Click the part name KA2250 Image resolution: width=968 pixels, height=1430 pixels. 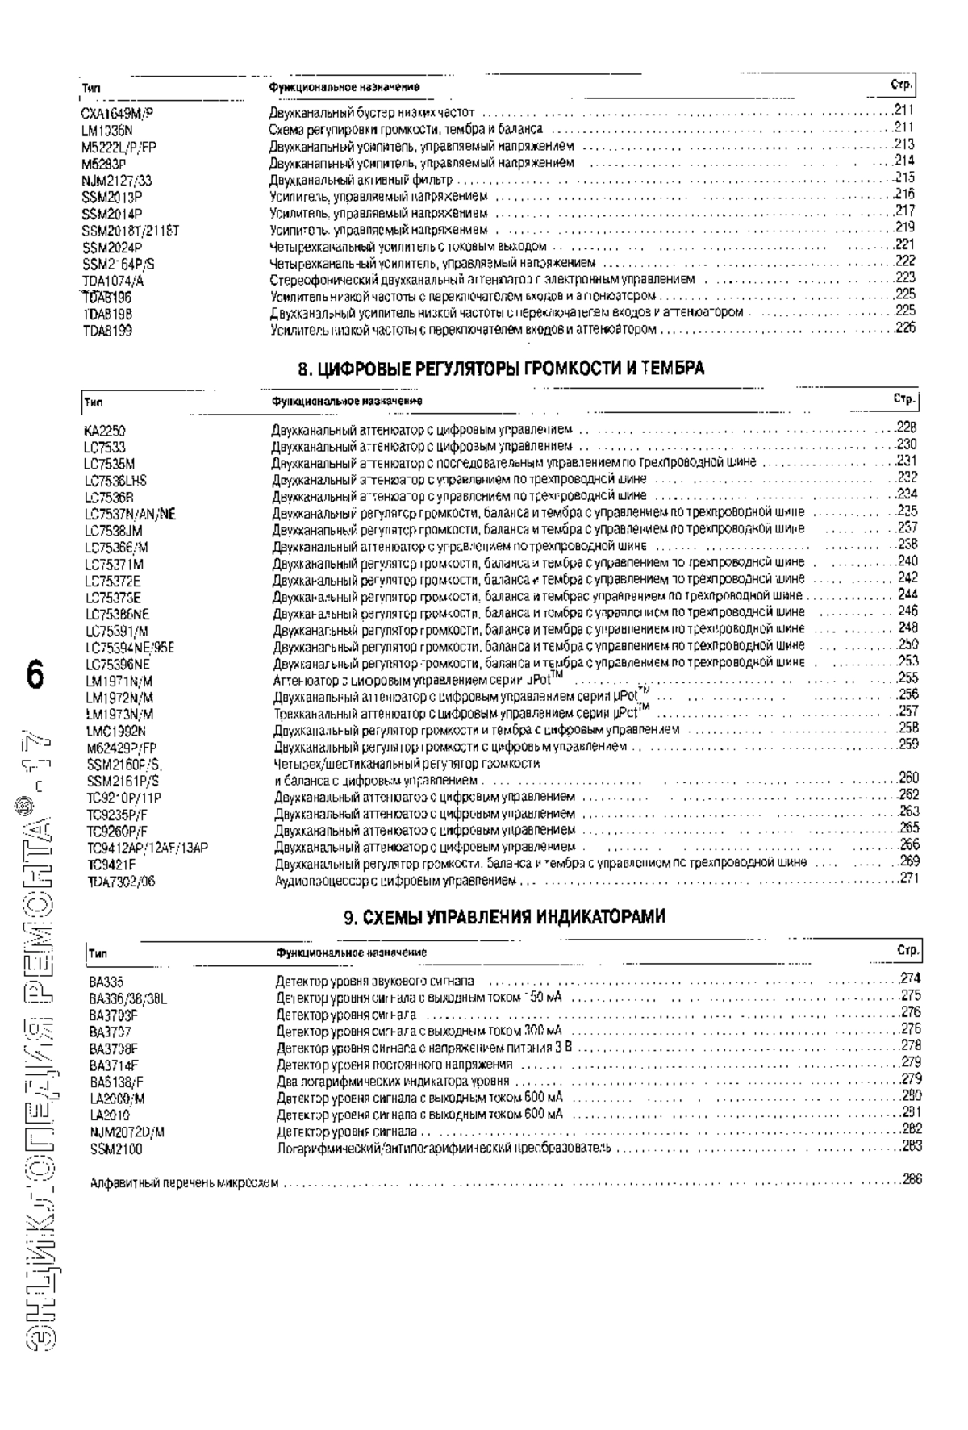click(104, 431)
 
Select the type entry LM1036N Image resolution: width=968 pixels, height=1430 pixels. click(106, 130)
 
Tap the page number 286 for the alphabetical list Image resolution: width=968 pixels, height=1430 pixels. click(912, 1180)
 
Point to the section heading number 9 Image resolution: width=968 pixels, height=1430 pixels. click(348, 916)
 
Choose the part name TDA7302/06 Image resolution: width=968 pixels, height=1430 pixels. click(121, 882)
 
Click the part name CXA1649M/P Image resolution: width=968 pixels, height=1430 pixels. click(117, 113)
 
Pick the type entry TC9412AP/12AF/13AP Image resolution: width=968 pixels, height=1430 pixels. click(148, 848)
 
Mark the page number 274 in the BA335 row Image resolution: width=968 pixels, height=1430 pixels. click(911, 979)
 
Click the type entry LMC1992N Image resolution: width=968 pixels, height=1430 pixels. click(116, 732)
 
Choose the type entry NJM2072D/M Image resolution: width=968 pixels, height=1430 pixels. click(127, 1132)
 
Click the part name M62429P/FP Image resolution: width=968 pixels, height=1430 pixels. click(122, 748)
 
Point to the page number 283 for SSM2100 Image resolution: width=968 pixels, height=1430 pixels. click(912, 1146)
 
